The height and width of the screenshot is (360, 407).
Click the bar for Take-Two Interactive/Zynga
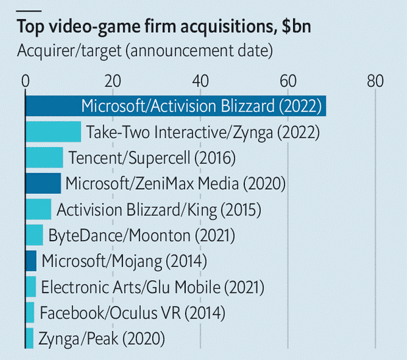coord(53,132)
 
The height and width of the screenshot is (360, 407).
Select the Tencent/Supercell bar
coord(44,158)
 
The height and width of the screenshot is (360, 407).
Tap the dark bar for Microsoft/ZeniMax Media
coord(43,183)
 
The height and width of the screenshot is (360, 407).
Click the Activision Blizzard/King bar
coord(38,209)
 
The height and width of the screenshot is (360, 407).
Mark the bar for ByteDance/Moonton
coord(34,235)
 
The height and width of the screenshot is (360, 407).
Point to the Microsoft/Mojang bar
coord(31,260)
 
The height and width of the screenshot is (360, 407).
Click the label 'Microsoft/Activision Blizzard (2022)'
coord(201,106)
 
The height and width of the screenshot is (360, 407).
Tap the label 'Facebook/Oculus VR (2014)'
coord(132,313)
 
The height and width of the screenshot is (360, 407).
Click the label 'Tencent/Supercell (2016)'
coord(151,158)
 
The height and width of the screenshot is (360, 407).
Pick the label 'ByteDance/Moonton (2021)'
coord(142,235)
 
